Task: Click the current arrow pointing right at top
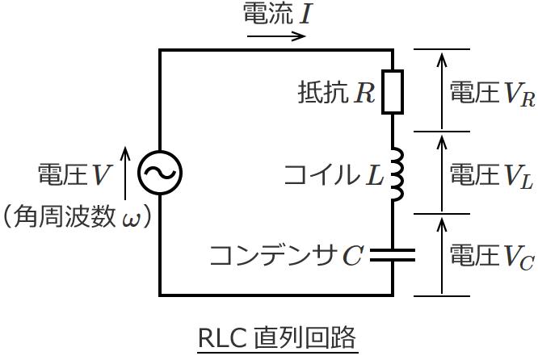276,36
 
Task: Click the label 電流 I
275,14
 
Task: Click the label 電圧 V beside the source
74,174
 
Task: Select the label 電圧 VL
490,174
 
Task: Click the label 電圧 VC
491,256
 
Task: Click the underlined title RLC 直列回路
276,337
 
